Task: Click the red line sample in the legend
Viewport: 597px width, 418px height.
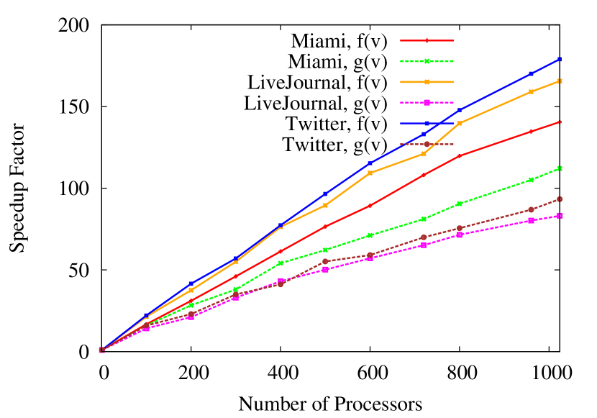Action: click(x=427, y=40)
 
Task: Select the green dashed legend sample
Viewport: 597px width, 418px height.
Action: click(x=427, y=61)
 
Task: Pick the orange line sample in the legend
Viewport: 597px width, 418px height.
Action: click(x=427, y=82)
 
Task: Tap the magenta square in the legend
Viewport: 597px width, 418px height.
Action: click(x=427, y=102)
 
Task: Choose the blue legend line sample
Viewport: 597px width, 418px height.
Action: click(x=427, y=123)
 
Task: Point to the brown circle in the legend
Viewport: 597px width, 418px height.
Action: click(x=427, y=144)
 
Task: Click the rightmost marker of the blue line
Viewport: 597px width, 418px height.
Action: click(x=560, y=59)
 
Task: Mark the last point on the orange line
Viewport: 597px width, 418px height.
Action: click(x=560, y=81)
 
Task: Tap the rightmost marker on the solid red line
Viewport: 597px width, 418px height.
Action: click(x=560, y=122)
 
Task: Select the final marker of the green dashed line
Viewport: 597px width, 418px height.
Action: click(x=560, y=168)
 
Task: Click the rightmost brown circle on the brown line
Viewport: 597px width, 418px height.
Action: click(x=560, y=199)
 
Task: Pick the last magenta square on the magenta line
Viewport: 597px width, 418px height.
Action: click(x=560, y=216)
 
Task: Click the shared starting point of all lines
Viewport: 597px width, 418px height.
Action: click(x=101, y=350)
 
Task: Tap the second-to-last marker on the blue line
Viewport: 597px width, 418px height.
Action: click(x=531, y=73)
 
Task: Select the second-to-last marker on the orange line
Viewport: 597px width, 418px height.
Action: click(x=531, y=91)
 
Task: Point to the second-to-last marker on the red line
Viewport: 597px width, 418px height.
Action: click(x=531, y=132)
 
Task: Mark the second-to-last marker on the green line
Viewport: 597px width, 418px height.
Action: click(x=531, y=180)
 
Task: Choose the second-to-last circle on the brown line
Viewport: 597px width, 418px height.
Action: click(x=531, y=210)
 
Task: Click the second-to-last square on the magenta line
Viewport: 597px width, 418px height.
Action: click(x=531, y=220)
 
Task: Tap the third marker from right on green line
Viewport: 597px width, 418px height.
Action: click(x=460, y=204)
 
